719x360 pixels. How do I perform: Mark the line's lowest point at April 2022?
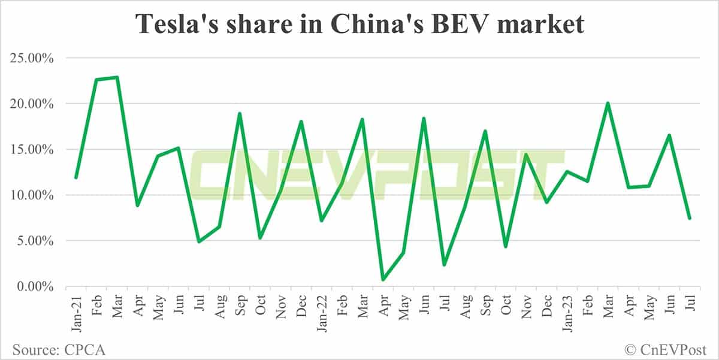383,280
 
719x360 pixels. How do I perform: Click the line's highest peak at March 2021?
117,77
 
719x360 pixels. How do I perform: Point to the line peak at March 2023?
608,103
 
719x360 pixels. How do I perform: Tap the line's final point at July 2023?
690,218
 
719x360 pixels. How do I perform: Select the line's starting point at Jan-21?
76,177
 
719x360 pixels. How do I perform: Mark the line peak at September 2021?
240,113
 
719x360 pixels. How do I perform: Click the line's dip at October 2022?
506,246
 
